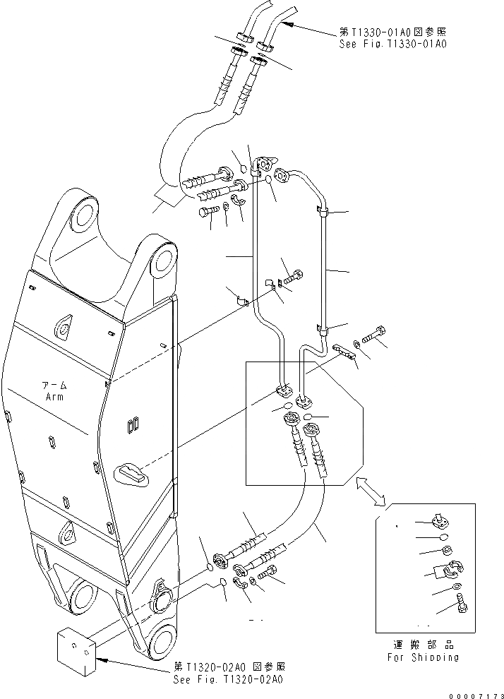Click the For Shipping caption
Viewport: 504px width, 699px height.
424,657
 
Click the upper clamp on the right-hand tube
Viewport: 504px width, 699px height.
321,210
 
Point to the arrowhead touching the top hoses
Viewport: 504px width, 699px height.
284,24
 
